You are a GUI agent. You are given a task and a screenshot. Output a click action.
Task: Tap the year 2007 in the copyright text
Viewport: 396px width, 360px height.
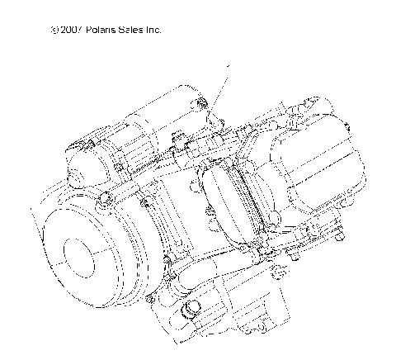tap(70, 30)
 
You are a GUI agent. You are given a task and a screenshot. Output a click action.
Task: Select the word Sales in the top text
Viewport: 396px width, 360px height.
tap(134, 30)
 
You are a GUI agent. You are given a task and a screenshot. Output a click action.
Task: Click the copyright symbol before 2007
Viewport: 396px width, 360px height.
tap(54, 30)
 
